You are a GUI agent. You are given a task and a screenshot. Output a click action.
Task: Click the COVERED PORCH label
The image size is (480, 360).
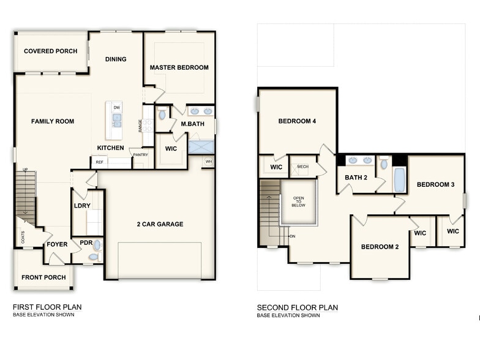pos(50,51)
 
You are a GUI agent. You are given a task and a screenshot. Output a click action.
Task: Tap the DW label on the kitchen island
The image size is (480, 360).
pos(116,107)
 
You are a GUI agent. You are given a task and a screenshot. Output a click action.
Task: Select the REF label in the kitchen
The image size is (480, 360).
pos(99,162)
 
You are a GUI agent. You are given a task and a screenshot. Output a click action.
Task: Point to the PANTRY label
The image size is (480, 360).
pos(140,155)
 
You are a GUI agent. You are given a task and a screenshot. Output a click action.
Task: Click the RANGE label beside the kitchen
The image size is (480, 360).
pos(140,126)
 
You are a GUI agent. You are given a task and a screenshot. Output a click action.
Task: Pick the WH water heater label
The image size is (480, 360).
pos(209,162)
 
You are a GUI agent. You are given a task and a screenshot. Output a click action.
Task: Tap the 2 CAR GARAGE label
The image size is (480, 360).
pos(160,224)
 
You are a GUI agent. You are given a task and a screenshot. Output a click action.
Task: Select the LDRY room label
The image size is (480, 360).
pos(82,206)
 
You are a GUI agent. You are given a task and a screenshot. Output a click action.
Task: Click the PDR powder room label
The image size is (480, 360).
pos(86,243)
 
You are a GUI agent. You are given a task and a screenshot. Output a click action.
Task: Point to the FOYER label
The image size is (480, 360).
pos(58,244)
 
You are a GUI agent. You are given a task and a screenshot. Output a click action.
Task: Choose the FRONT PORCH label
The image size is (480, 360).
pos(43,277)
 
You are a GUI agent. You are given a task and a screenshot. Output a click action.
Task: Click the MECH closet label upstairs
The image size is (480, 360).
pos(302,166)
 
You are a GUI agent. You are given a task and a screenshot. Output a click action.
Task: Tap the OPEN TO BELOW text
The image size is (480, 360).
pos(299,202)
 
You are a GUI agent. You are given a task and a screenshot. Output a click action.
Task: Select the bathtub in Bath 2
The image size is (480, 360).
pos(399,180)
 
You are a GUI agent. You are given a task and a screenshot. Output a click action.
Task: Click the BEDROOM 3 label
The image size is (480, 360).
pos(435,184)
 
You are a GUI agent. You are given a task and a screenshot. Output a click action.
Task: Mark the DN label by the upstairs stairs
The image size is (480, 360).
pos(293,236)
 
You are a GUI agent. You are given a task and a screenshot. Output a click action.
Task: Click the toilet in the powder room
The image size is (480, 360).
pos(94,257)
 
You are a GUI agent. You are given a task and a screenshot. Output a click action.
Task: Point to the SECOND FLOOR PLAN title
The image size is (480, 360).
pos(297,307)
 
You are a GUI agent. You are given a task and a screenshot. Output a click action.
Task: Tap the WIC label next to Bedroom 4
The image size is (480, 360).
pos(276,167)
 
